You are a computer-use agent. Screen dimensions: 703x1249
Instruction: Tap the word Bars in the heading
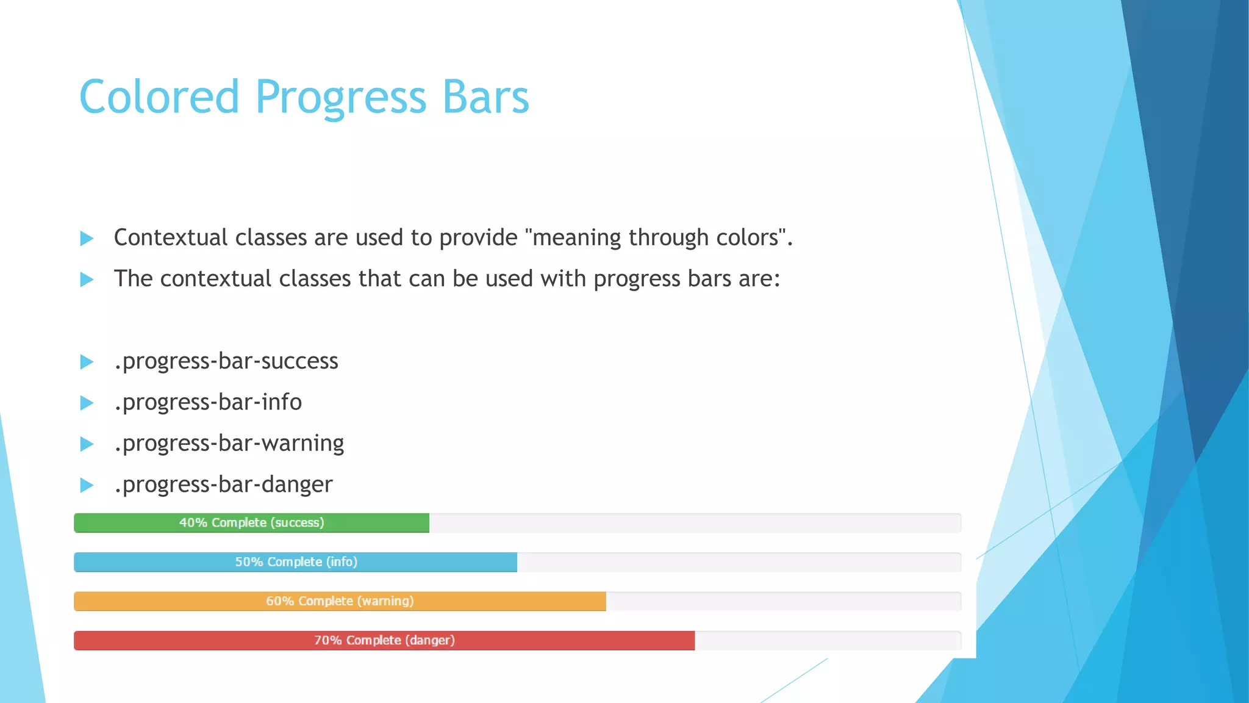click(485, 98)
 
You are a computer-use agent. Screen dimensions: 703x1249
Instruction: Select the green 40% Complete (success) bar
click(251, 523)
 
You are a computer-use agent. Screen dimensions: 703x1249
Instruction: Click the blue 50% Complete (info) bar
click(296, 562)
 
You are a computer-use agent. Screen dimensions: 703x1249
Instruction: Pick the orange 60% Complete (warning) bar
click(340, 601)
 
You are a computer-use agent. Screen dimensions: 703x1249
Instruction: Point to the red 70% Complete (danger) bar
click(384, 640)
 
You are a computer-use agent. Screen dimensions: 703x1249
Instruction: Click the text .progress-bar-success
click(226, 361)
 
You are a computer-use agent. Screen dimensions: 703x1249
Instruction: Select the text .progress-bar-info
click(207, 402)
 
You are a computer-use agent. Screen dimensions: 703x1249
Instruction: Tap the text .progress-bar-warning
click(229, 443)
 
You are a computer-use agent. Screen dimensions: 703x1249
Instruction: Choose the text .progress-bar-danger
click(223, 485)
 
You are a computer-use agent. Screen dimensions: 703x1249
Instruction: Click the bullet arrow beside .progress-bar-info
click(87, 403)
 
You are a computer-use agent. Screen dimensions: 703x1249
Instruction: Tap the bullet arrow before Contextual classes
click(87, 239)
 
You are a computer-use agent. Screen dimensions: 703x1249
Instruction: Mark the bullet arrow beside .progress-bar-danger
click(87, 485)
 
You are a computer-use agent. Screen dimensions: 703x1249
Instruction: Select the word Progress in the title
click(340, 98)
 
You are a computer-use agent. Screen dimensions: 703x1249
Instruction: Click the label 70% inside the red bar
click(327, 640)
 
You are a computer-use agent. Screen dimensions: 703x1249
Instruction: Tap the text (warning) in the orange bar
click(385, 601)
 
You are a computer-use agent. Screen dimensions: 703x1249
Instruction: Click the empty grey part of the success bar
click(695, 523)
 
